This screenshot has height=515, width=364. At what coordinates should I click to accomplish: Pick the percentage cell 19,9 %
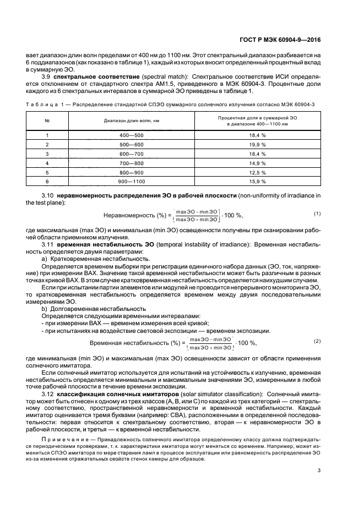click(x=258, y=144)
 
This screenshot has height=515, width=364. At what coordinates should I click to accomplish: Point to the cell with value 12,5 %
click(x=258, y=172)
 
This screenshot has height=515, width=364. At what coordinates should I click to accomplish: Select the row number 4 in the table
click(x=47, y=163)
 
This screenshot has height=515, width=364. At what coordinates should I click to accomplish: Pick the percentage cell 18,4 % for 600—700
click(x=258, y=154)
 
